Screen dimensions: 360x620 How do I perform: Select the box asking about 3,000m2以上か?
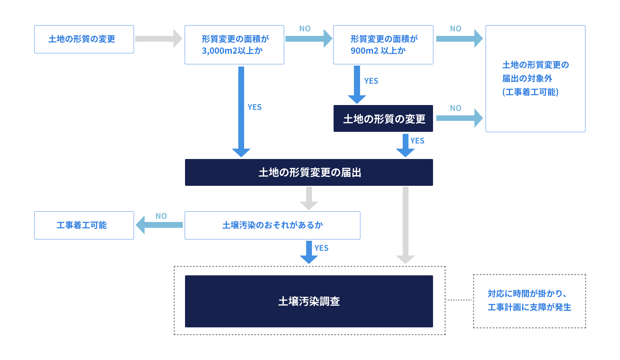point(234,45)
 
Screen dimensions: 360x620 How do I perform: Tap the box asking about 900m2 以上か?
point(383,45)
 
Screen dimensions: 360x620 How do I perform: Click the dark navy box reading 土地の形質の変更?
point(383,119)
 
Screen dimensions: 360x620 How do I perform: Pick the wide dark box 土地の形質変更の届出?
point(309,172)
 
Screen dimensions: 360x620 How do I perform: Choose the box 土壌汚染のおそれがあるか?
point(272,225)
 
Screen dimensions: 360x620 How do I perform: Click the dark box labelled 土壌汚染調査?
point(309,301)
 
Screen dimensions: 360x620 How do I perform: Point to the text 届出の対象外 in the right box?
point(527,79)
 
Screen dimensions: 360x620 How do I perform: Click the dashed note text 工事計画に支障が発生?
point(529,307)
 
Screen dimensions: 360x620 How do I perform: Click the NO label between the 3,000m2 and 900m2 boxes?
point(305,29)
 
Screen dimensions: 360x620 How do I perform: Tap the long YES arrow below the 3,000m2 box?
point(241,110)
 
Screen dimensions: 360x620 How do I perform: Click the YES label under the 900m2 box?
point(371,81)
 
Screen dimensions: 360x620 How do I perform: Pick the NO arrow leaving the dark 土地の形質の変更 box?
point(459,118)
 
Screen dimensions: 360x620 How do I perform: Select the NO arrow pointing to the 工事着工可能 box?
point(159,225)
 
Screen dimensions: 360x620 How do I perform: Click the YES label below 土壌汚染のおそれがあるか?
point(321,248)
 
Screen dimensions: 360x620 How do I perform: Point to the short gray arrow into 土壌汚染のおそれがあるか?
point(309,198)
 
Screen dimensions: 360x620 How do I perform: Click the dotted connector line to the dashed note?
point(459,300)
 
